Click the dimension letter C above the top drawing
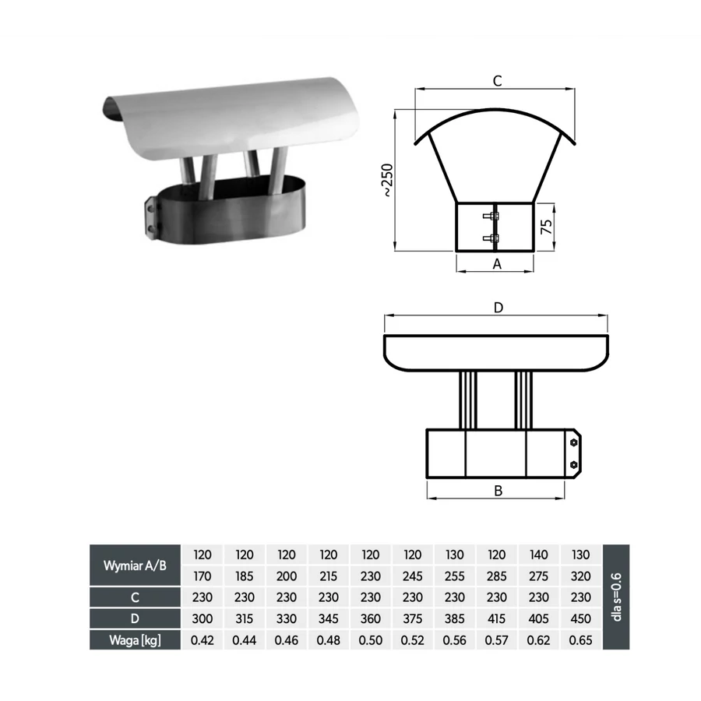pyautogui.click(x=497, y=81)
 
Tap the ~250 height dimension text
pyautogui.click(x=387, y=180)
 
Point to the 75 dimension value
pyautogui.click(x=546, y=227)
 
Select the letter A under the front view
pyautogui.click(x=497, y=264)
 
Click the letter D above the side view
pyautogui.click(x=498, y=308)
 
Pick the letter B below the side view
pyautogui.click(x=498, y=491)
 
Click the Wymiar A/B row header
pyautogui.click(x=135, y=565)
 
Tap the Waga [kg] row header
pyautogui.click(x=135, y=640)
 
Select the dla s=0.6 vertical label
pyautogui.click(x=617, y=597)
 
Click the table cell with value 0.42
pyautogui.click(x=202, y=640)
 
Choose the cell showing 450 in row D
pyautogui.click(x=581, y=618)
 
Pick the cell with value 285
pyautogui.click(x=497, y=576)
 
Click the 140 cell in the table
pyautogui.click(x=539, y=555)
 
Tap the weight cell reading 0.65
pyautogui.click(x=581, y=640)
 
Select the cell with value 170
pyautogui.click(x=202, y=576)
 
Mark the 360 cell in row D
pyautogui.click(x=371, y=618)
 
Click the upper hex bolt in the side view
pyautogui.click(x=573, y=442)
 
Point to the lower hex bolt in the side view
pyautogui.click(x=573, y=465)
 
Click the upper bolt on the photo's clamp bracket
pyautogui.click(x=150, y=209)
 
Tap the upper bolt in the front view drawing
pyautogui.click(x=491, y=217)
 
